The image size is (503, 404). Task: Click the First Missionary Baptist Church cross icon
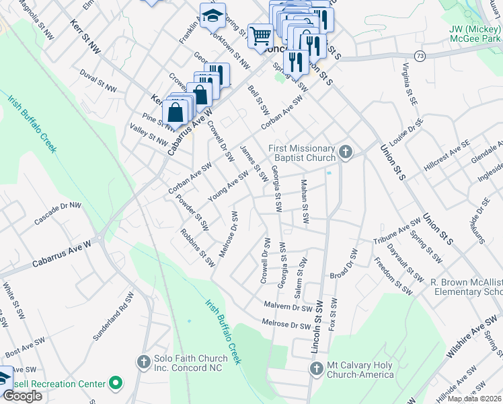pyautogui.click(x=345, y=152)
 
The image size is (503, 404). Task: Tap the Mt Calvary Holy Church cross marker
pyautogui.click(x=317, y=368)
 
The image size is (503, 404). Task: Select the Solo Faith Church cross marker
pyautogui.click(x=143, y=362)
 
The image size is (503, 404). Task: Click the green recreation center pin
pyautogui.click(x=116, y=383)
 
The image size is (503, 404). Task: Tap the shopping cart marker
pyautogui.click(x=260, y=36)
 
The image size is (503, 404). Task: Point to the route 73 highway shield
pyautogui.click(x=420, y=55)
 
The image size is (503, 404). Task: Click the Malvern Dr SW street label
pyautogui.click(x=288, y=306)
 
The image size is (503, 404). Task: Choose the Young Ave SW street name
pyautogui.click(x=229, y=186)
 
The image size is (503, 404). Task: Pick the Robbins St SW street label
pyautogui.click(x=197, y=246)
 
